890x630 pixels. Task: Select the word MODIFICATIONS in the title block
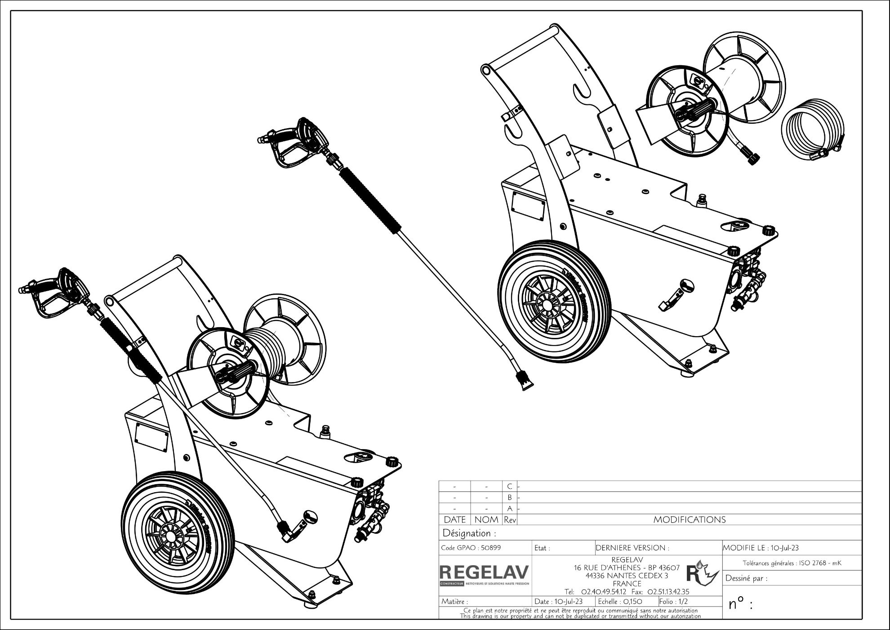pos(689,520)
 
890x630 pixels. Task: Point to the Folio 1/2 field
pos(673,601)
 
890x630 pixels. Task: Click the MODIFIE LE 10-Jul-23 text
pos(761,548)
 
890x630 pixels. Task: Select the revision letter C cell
pos(509,486)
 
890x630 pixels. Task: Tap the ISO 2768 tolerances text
pos(792,562)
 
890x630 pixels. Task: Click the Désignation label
pos(469,533)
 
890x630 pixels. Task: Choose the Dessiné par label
pos(746,578)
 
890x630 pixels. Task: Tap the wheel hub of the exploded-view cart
pos(548,305)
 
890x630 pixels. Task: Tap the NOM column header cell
pos(486,520)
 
